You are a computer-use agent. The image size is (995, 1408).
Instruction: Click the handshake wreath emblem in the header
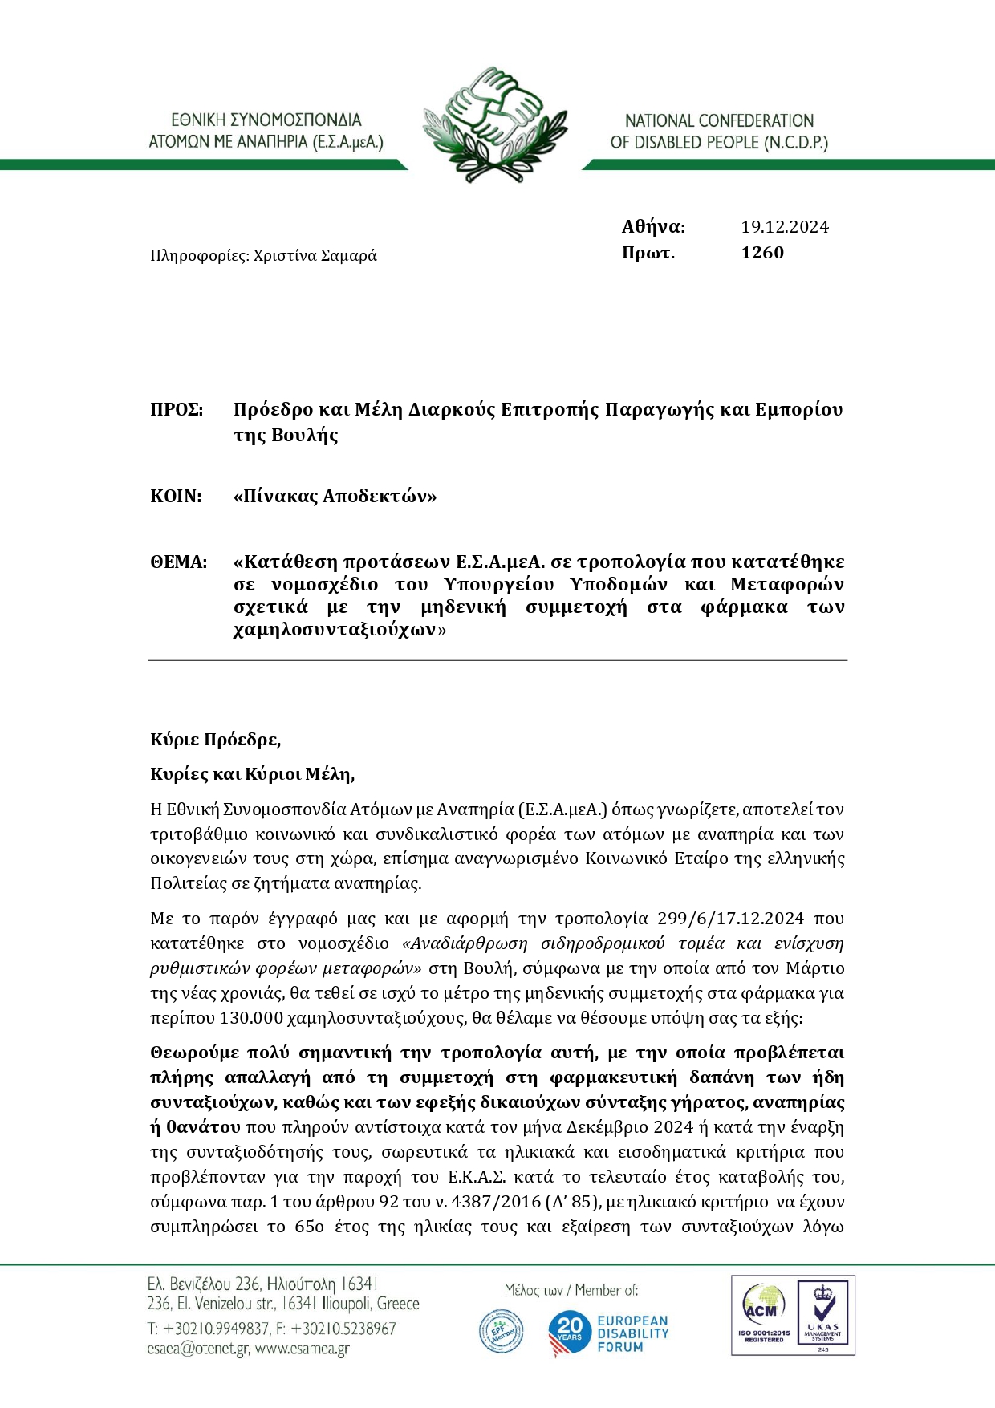coord(495,124)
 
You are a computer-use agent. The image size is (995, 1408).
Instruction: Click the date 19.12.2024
coord(784,227)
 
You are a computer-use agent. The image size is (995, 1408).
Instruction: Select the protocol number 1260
coord(762,253)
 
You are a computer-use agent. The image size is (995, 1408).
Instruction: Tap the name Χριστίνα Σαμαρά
coord(315,256)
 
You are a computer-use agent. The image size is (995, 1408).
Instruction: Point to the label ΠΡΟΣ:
coord(177,410)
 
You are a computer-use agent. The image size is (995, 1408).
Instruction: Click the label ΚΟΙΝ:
coord(176,497)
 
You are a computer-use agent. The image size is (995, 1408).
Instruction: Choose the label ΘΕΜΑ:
coord(178,562)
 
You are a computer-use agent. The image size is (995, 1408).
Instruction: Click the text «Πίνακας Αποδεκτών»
coord(335,497)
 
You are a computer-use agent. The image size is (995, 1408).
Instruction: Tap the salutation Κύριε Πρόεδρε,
coord(215,740)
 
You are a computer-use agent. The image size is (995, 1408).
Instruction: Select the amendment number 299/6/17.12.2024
coord(730,919)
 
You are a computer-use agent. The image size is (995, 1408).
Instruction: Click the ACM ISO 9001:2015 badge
coord(763,1316)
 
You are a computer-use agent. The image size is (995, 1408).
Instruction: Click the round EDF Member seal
coord(501,1332)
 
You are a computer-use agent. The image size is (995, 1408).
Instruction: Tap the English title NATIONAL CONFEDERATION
coord(719,121)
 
